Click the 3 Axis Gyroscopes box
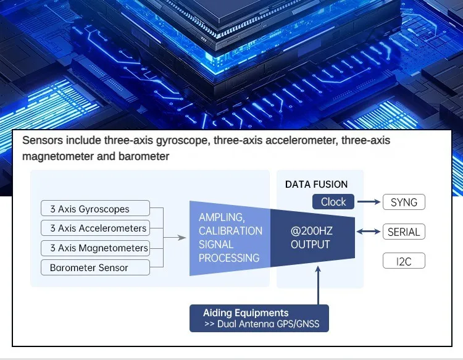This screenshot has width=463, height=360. pyautogui.click(x=95, y=209)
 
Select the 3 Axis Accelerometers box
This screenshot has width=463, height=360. pyautogui.click(x=95, y=228)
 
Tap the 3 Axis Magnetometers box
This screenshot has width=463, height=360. pyautogui.click(x=95, y=248)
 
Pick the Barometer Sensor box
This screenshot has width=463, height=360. pyautogui.click(x=95, y=268)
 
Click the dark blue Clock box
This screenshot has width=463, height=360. pyautogui.click(x=333, y=202)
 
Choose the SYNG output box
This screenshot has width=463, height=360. pyautogui.click(x=404, y=202)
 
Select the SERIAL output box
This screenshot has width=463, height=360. pyautogui.click(x=404, y=232)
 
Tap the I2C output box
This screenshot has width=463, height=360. pyautogui.click(x=404, y=262)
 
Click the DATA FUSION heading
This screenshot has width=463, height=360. pyautogui.click(x=316, y=184)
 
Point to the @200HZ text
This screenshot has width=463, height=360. pyautogui.click(x=312, y=231)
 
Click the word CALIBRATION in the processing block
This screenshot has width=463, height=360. pyautogui.click(x=230, y=231)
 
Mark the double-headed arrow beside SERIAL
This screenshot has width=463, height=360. pyautogui.click(x=369, y=232)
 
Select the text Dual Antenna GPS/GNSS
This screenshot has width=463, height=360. pyautogui.click(x=268, y=324)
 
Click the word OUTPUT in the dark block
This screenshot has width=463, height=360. pyautogui.click(x=311, y=245)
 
